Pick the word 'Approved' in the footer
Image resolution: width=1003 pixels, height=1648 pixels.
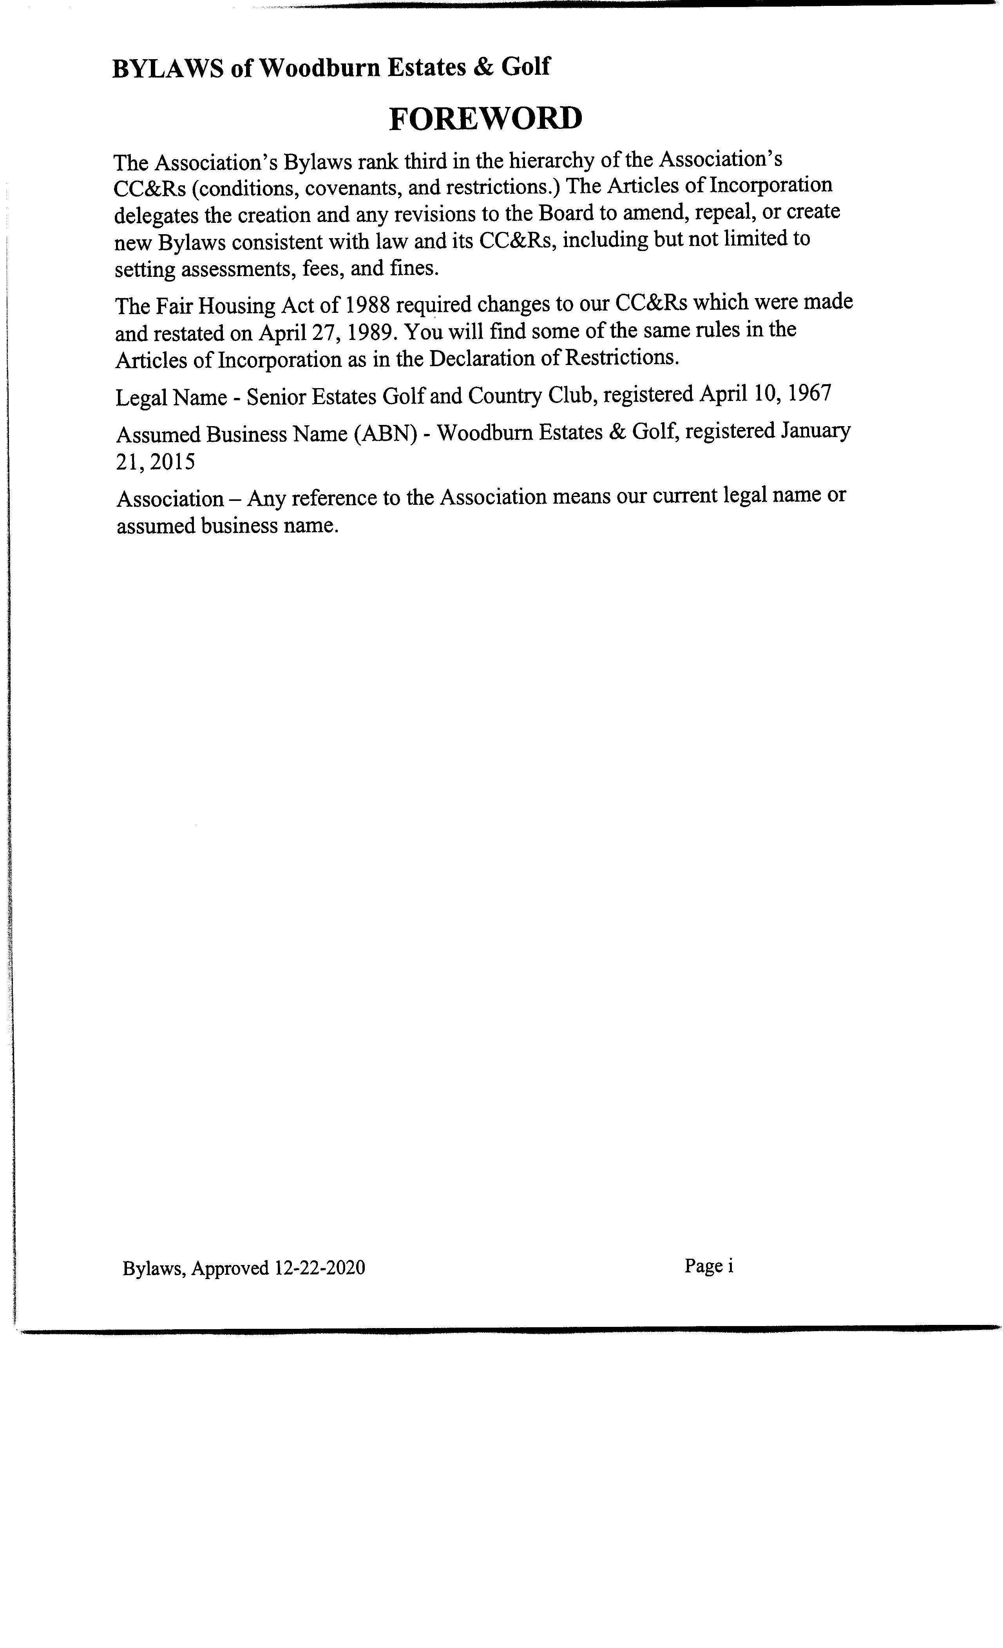pos(230,1267)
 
